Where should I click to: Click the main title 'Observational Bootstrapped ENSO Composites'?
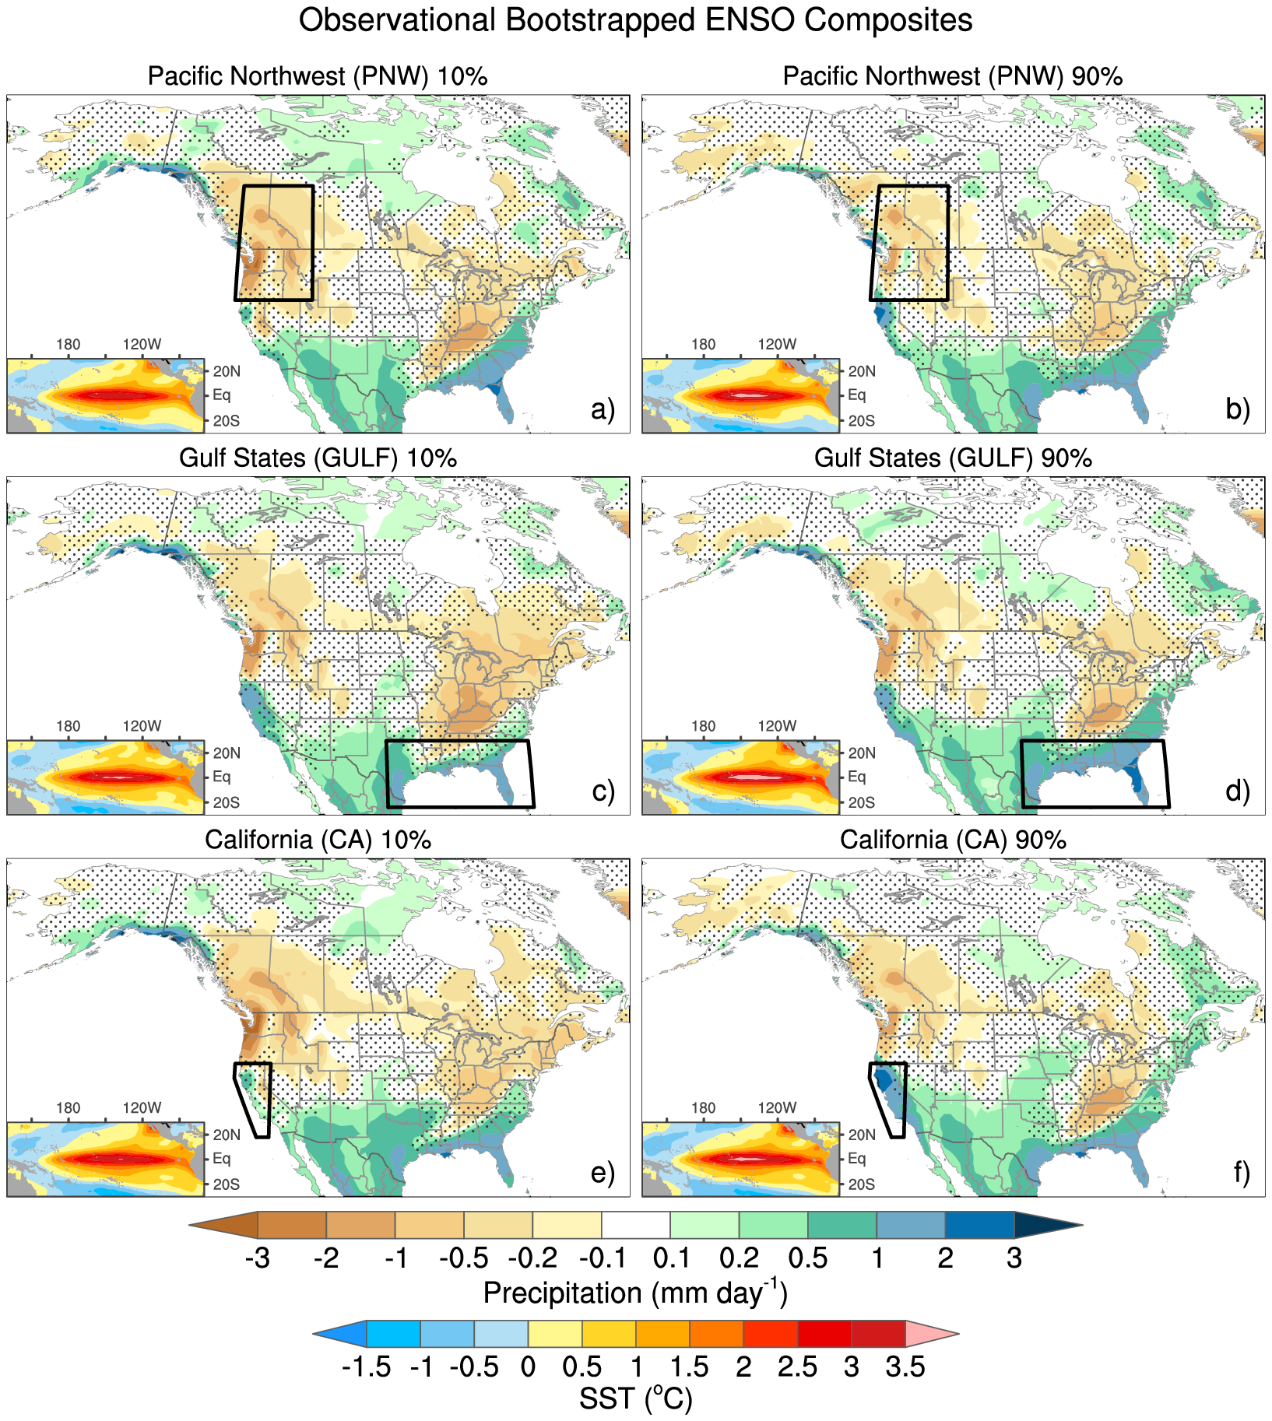[635, 20]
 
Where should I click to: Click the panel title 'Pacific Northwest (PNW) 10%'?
[318, 76]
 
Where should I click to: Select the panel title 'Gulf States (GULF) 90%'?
[953, 458]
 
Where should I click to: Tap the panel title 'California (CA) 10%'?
[318, 840]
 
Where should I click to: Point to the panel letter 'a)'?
[603, 409]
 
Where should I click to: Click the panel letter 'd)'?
[1238, 791]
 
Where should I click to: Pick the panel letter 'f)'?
[1241, 1172]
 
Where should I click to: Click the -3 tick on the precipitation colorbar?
[258, 1258]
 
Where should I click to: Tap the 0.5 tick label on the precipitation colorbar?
[808, 1258]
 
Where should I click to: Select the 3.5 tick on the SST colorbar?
[905, 1367]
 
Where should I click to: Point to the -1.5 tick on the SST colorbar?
[366, 1367]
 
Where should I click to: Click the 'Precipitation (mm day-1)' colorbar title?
[635, 1293]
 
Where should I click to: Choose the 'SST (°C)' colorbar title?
[635, 1399]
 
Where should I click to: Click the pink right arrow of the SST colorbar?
[931, 1334]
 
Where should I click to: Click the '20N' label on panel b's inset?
[861, 371]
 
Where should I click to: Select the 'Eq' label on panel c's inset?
[221, 777]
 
